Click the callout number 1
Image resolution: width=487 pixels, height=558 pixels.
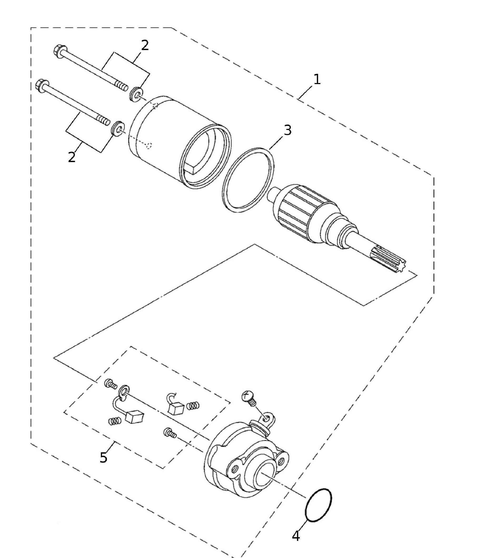[317, 80]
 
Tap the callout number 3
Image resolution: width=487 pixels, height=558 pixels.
[287, 130]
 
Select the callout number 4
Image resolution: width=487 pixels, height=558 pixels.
[296, 536]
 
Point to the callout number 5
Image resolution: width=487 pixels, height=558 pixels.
[103, 458]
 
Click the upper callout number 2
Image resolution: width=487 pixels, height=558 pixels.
[145, 45]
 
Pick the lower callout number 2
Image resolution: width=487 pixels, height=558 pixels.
[72, 157]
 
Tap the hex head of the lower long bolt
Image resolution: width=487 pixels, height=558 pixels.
[42, 85]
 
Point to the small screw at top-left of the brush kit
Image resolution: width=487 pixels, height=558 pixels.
[111, 384]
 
